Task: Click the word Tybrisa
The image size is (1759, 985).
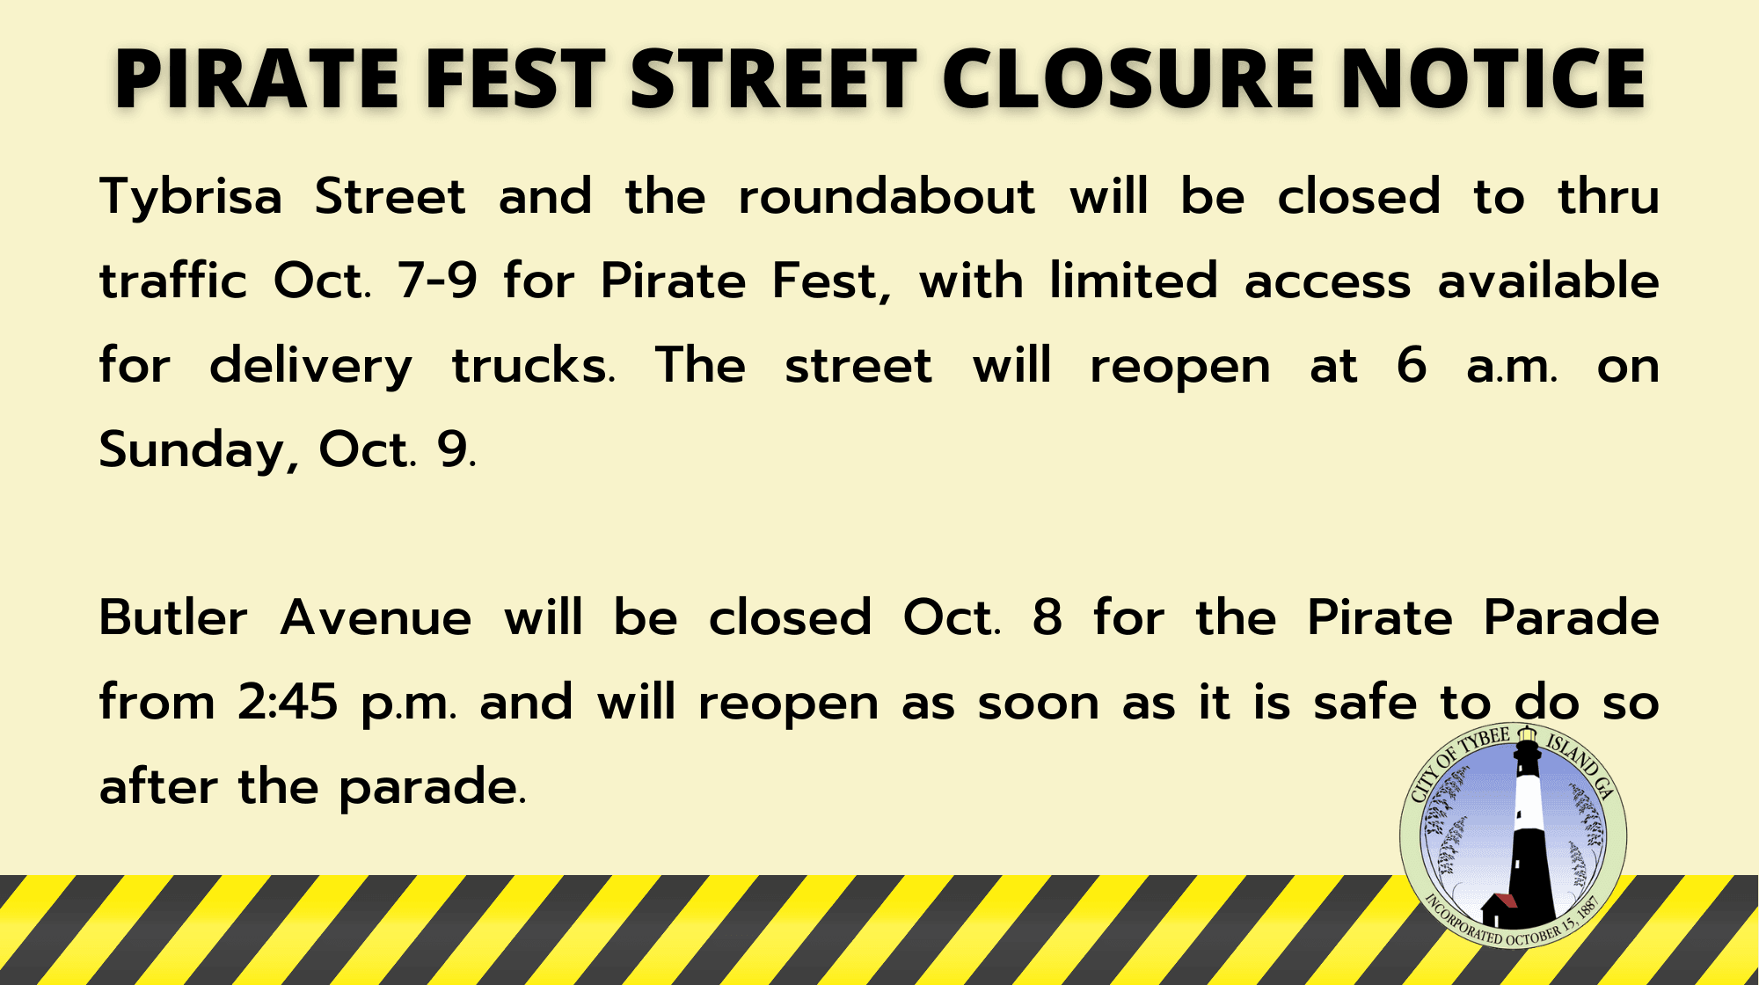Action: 191,198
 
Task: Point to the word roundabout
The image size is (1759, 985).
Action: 887,196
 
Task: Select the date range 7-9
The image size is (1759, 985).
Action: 437,281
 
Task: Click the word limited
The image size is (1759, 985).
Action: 1134,281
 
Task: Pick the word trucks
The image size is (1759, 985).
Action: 533,366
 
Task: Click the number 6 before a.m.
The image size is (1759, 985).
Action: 1412,366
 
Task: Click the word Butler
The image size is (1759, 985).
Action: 173,617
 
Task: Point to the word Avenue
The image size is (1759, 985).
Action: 376,617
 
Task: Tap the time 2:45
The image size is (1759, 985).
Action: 288,703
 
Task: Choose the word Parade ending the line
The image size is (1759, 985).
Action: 1571,617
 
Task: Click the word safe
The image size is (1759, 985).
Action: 1365,703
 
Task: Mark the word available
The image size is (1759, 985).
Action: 1548,281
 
